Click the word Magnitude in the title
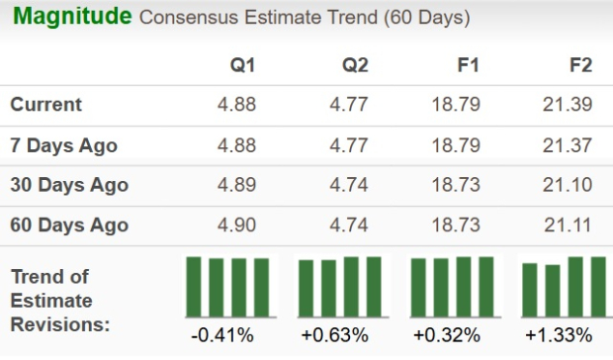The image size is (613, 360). point(70,18)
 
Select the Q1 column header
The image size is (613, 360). point(242,65)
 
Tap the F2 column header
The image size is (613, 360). point(580,65)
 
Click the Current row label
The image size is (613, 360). point(46,105)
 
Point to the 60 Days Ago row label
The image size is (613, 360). point(69,225)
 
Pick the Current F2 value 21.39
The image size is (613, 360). point(568,105)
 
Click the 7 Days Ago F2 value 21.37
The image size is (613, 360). point(568,145)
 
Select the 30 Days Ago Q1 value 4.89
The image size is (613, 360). point(235,185)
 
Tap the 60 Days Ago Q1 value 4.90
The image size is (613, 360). point(235,225)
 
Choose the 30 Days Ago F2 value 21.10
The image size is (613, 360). point(568,185)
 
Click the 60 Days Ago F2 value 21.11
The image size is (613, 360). point(568,225)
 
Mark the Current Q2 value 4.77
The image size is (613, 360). point(347,105)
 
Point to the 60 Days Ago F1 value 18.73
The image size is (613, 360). point(455,225)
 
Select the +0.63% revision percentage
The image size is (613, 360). point(339,335)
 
